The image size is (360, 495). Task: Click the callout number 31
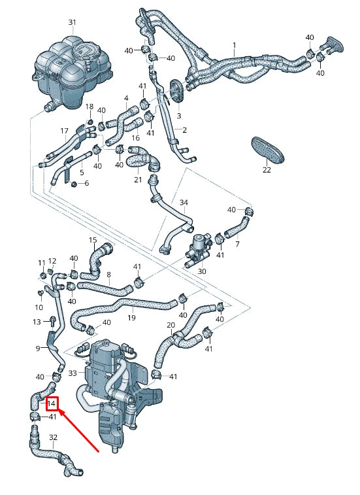pos(73,22)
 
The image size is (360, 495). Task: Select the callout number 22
pos(267,170)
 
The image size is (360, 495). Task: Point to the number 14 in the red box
pos(51,404)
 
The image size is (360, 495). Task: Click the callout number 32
pos(53,437)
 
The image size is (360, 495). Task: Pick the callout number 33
pos(73,373)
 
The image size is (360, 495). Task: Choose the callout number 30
pos(202,271)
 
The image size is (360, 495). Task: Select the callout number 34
pos(184,202)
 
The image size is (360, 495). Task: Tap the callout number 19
pos(131,318)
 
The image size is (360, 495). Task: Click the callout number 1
pos(234,45)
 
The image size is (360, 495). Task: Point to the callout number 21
pos(138,180)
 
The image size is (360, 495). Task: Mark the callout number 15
pos(93,240)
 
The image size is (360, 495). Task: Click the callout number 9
pos(37,348)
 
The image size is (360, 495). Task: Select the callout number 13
pos(37,321)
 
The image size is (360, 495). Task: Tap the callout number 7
pos(237,244)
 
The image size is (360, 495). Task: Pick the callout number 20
pos(171,325)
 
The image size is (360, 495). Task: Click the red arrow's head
pos(61,413)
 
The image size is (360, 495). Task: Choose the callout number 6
pos(86,183)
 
